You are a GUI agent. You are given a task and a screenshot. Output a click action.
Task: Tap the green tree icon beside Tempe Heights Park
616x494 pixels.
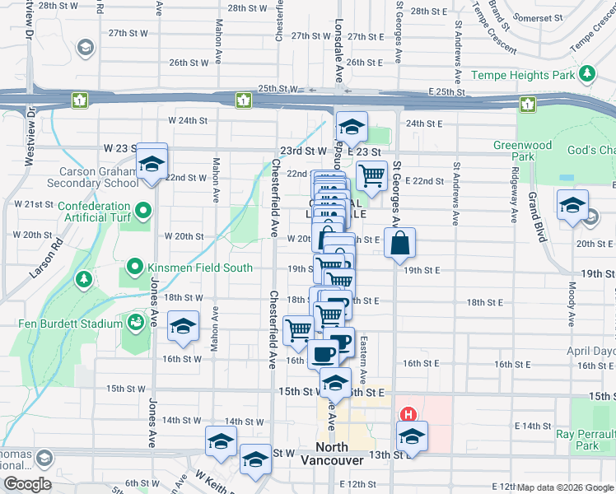point(587,75)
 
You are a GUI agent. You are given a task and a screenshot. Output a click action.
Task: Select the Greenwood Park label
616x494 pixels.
point(523,151)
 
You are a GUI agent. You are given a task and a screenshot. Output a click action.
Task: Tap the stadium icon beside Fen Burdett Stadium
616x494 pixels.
point(133,321)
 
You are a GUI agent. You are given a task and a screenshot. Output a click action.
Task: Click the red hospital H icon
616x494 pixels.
point(406,416)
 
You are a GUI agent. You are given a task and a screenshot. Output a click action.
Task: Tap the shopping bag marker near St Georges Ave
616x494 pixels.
point(399,244)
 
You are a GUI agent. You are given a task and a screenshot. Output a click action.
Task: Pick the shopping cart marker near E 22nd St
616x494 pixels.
point(371,175)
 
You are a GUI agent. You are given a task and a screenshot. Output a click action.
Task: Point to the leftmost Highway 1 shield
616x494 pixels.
point(80,100)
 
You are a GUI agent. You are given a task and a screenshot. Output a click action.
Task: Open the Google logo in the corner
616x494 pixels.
point(26,484)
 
